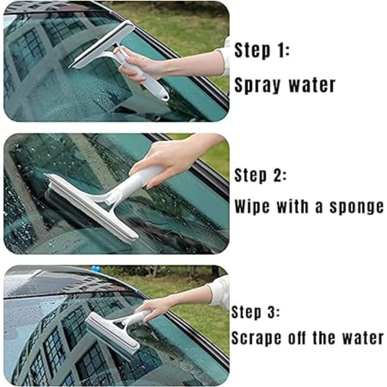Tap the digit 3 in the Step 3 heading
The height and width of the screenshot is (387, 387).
pyautogui.click(x=272, y=312)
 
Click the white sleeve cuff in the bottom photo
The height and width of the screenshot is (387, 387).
pyautogui.click(x=219, y=292)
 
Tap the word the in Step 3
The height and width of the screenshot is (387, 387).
pyautogui.click(x=324, y=337)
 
